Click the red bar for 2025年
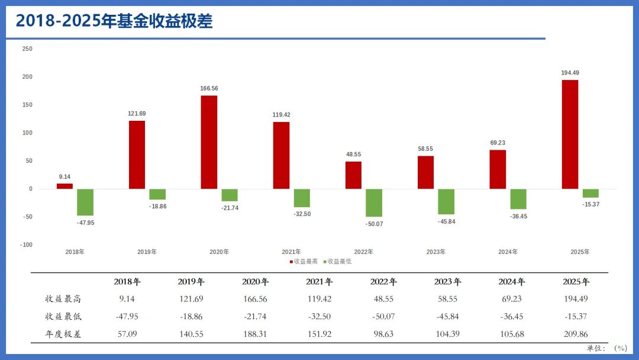pos(570,134)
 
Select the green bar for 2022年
pos(373,202)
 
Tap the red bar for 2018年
pos(64,186)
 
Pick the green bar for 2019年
pos(157,194)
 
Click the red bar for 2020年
pos(209,142)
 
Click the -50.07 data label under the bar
pos(374,224)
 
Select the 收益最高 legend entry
pos(305,261)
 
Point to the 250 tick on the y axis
pos(27,49)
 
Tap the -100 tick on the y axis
pos(26,245)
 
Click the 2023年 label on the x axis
pos(436,252)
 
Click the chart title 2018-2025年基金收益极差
pos(114,21)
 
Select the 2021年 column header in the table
pos(319,282)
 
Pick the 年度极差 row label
pos(63,334)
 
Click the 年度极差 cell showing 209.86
pos(576,334)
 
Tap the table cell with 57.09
pos(127,334)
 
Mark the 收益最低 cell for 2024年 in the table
pos(512,317)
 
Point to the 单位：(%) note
pos(607,348)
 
